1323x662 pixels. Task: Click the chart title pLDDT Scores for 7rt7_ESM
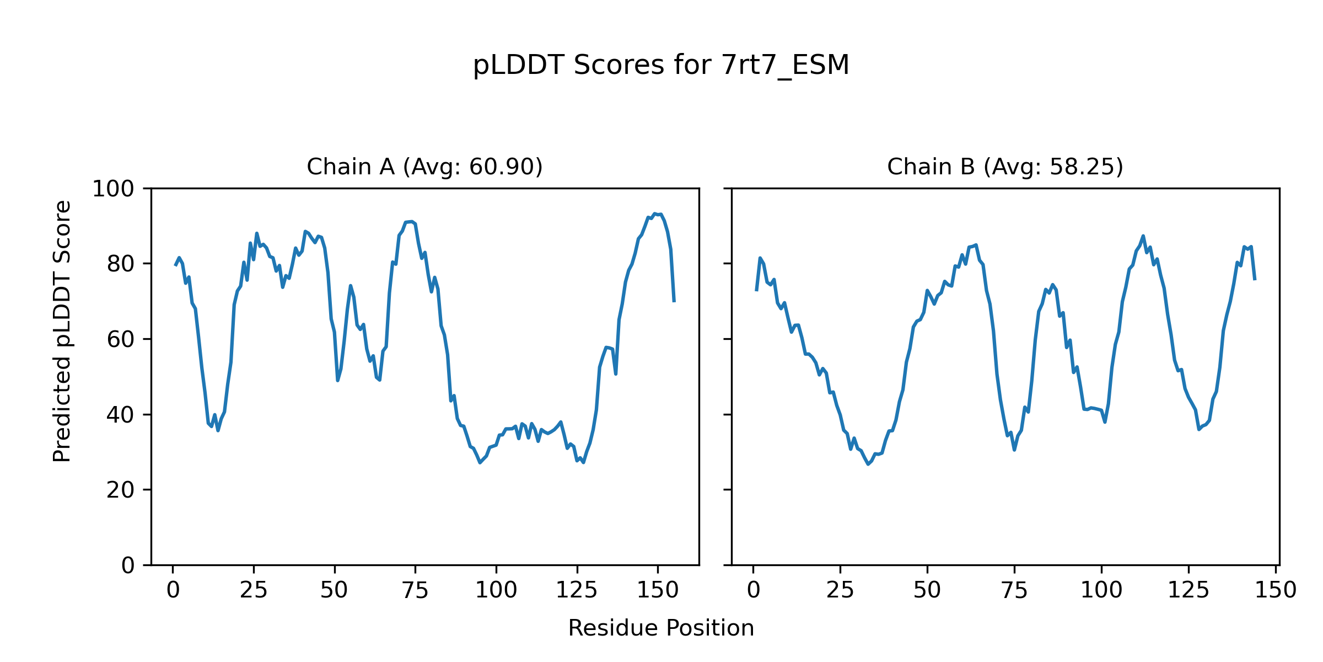click(661, 66)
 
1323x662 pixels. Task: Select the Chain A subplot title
click(424, 167)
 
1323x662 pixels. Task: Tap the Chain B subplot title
click(1005, 167)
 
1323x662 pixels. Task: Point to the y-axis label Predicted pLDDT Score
click(62, 331)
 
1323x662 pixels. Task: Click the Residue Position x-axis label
click(661, 628)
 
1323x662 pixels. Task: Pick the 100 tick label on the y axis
click(113, 189)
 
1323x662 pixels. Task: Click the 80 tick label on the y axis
click(121, 264)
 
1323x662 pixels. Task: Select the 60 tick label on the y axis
click(121, 339)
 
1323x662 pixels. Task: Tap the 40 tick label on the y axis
click(121, 415)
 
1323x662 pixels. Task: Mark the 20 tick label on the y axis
click(121, 490)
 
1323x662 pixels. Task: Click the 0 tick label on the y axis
click(128, 565)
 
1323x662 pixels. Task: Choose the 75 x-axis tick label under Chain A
click(415, 590)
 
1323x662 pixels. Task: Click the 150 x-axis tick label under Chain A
click(658, 590)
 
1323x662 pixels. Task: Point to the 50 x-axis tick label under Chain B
click(927, 590)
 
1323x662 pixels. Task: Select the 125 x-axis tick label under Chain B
click(1188, 590)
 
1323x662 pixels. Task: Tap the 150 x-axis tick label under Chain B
click(1276, 590)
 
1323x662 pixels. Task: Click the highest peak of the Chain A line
click(655, 213)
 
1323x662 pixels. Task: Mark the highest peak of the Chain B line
click(1143, 236)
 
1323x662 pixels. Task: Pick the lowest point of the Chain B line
click(868, 464)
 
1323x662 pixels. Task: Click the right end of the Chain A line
click(674, 301)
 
